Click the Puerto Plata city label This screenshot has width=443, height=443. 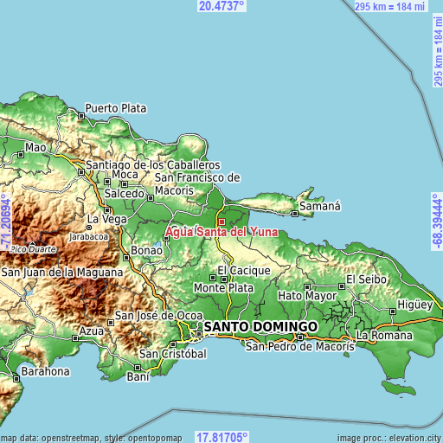[115, 109]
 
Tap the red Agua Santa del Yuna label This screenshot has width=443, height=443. [221, 232]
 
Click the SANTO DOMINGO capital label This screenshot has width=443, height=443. [260, 326]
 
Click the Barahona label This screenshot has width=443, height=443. [45, 371]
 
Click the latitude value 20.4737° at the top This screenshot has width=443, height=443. [221, 6]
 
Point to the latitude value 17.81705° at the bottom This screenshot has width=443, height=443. [221, 437]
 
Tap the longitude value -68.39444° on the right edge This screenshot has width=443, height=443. [437, 221]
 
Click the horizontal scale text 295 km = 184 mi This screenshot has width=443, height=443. [388, 6]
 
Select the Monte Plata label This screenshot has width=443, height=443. [223, 287]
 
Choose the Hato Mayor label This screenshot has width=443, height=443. [307, 296]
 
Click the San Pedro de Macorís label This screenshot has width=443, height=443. [300, 347]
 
